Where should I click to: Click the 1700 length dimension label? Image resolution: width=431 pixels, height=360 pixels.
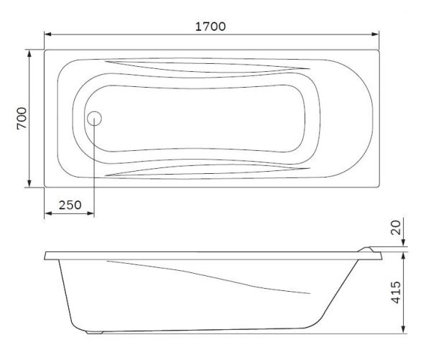tap(210, 27)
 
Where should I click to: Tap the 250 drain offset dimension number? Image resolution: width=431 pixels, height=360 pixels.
tap(69, 205)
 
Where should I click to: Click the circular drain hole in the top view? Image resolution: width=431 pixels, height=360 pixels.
tap(94, 119)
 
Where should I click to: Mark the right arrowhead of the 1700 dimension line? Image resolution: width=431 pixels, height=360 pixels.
tap(376, 34)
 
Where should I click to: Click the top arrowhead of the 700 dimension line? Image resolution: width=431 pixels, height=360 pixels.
tap(29, 53)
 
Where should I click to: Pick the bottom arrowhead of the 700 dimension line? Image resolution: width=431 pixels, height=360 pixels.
tap(29, 185)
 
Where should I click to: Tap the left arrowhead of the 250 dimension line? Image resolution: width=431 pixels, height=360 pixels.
tap(48, 214)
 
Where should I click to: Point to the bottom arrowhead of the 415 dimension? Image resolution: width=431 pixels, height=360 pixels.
tap(403, 331)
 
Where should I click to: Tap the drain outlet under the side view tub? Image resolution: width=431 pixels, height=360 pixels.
tap(93, 332)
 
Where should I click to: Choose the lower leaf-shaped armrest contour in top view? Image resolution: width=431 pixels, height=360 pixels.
tap(208, 170)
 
